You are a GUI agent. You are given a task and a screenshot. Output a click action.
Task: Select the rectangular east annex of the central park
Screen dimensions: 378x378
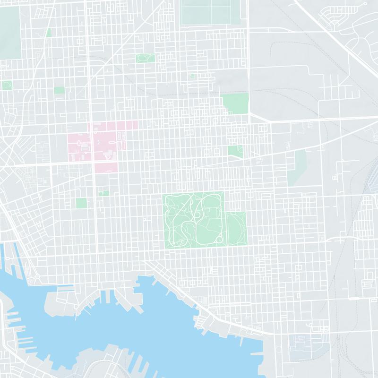(236, 229)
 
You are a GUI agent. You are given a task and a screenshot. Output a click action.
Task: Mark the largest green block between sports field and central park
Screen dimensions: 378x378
(235, 103)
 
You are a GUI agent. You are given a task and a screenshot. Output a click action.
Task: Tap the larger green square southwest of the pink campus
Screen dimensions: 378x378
(81, 203)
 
